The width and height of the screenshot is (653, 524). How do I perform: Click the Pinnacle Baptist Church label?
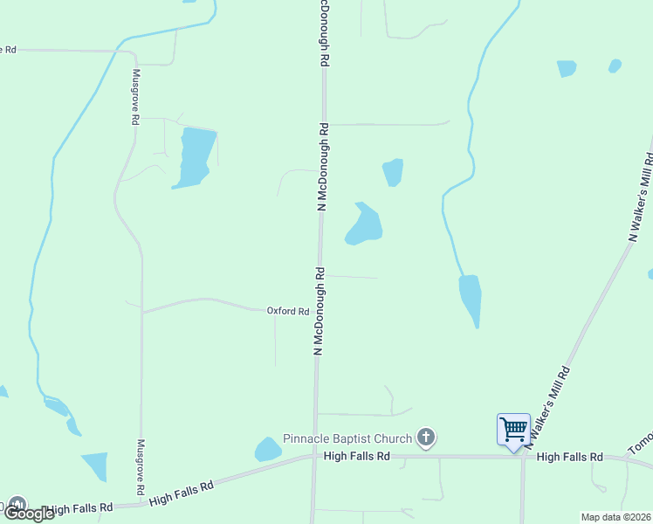pyautogui.click(x=348, y=438)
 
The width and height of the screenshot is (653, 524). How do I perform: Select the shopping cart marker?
pyautogui.click(x=513, y=430)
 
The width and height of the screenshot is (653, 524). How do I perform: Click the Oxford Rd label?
pyautogui.click(x=288, y=311)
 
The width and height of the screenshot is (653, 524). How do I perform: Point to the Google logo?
pyautogui.click(x=29, y=514)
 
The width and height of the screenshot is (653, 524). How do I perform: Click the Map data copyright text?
pyautogui.click(x=615, y=517)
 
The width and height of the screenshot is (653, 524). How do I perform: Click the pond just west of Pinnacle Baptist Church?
pyautogui.click(x=267, y=450)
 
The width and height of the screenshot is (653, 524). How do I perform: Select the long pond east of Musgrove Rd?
pyautogui.click(x=194, y=156)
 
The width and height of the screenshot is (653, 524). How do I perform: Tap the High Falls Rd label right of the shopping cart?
pyautogui.click(x=569, y=457)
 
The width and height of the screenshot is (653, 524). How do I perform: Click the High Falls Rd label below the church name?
pyautogui.click(x=355, y=456)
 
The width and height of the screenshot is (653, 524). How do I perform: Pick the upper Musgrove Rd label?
pyautogui.click(x=136, y=98)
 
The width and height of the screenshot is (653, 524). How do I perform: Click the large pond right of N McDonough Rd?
pyautogui.click(x=365, y=224)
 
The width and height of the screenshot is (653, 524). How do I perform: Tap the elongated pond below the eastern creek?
pyautogui.click(x=471, y=299)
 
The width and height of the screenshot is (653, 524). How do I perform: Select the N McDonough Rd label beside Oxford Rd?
pyautogui.click(x=320, y=311)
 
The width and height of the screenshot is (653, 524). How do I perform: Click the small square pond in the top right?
pyautogui.click(x=567, y=68)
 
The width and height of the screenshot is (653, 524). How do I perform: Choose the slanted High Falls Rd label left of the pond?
pyautogui.click(x=181, y=493)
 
